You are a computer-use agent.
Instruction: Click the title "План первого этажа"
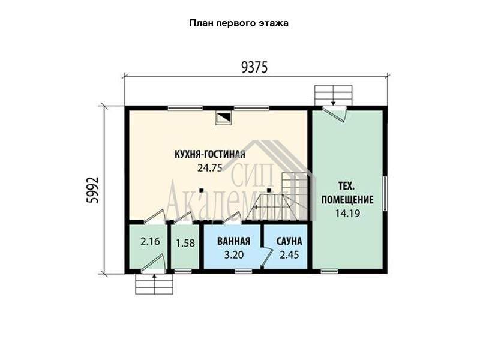point(239,23)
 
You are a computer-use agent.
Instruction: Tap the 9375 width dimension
point(254,67)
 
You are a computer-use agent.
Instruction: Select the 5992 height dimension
point(93,190)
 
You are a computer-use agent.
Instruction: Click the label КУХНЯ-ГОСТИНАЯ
point(210,154)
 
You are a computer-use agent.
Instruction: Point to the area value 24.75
point(209,168)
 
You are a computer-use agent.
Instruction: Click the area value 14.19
point(347,213)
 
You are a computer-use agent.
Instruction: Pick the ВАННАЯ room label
point(233,241)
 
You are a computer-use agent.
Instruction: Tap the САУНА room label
point(289,241)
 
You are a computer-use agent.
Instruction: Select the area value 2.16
point(151,242)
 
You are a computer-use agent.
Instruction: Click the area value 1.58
point(185,243)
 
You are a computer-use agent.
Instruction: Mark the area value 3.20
point(234,254)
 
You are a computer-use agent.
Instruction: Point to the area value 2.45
point(289,254)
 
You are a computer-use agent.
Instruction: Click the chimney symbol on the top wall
point(224,118)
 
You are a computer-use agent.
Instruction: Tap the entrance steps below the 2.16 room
point(154,284)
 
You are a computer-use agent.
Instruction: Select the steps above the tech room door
point(334,95)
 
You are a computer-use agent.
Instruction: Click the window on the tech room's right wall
point(385,193)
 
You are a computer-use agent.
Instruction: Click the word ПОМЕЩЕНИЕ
point(347,200)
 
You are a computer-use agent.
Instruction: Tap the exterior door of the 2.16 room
point(153,263)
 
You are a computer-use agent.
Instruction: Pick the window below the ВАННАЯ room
point(244,271)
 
